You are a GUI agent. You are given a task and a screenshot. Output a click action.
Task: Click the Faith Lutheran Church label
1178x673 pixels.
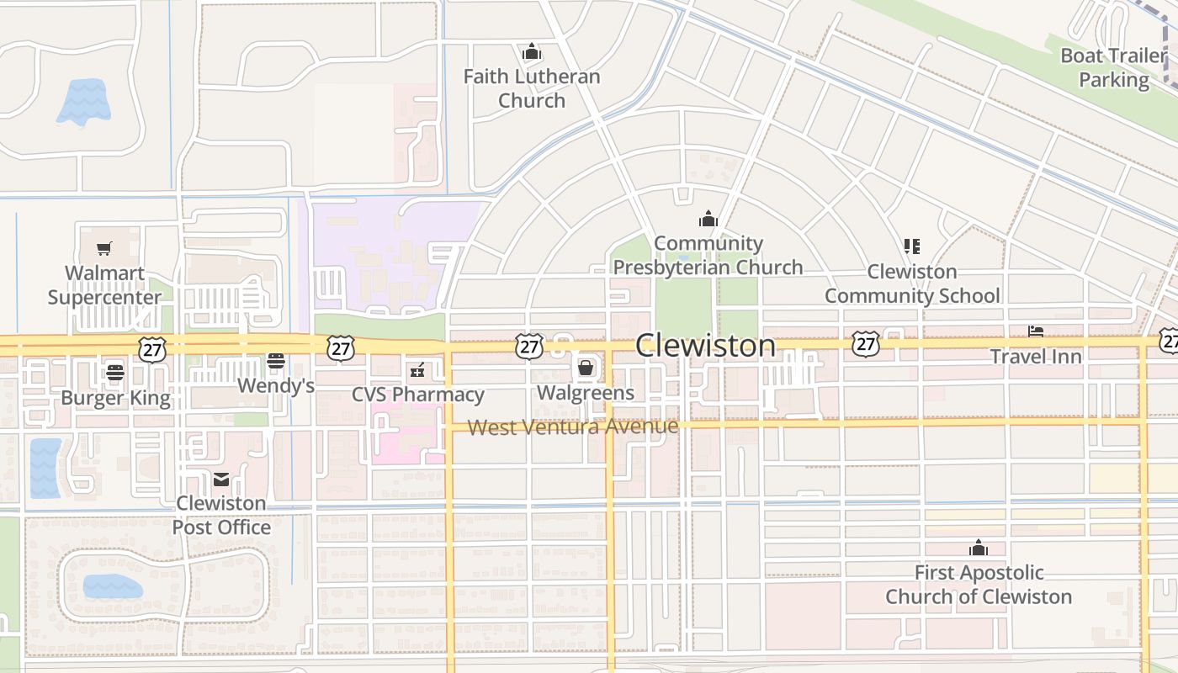click(532, 88)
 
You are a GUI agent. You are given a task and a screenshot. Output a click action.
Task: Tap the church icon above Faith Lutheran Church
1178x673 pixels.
click(531, 52)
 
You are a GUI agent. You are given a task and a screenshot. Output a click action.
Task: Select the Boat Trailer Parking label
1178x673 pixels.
click(1114, 68)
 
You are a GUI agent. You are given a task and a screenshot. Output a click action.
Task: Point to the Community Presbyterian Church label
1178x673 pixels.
click(708, 256)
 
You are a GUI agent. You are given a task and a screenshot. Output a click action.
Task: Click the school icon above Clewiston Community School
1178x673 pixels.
click(912, 246)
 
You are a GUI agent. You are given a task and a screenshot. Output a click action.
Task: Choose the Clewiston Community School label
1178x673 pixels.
click(912, 284)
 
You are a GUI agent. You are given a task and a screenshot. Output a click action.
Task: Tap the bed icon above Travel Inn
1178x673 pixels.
click(1036, 332)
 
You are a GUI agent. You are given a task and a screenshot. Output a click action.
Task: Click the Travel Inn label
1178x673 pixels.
click(1036, 356)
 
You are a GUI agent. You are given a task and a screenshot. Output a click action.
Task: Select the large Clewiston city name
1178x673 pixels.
click(705, 345)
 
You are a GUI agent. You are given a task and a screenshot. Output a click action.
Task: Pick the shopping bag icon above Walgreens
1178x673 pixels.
click(586, 368)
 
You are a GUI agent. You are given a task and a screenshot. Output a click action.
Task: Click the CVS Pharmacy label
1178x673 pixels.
click(417, 395)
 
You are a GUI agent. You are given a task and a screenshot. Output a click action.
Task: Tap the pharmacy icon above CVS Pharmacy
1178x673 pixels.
click(417, 369)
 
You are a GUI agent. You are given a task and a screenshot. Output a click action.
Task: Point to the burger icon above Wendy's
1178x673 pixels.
click(276, 361)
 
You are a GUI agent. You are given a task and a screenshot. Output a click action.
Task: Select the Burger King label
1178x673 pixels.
click(115, 398)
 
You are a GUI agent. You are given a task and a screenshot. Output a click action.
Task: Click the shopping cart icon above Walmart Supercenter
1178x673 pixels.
click(104, 248)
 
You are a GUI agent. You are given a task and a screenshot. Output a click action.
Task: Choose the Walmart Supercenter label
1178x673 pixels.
click(104, 285)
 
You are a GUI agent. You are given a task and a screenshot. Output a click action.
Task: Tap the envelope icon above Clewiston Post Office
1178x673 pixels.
click(221, 479)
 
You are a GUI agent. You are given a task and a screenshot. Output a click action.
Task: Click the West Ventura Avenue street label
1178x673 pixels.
click(573, 427)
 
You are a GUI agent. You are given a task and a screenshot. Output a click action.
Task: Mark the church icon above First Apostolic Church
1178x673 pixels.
click(978, 548)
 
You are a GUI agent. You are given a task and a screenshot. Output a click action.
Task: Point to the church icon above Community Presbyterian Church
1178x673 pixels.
click(708, 220)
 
